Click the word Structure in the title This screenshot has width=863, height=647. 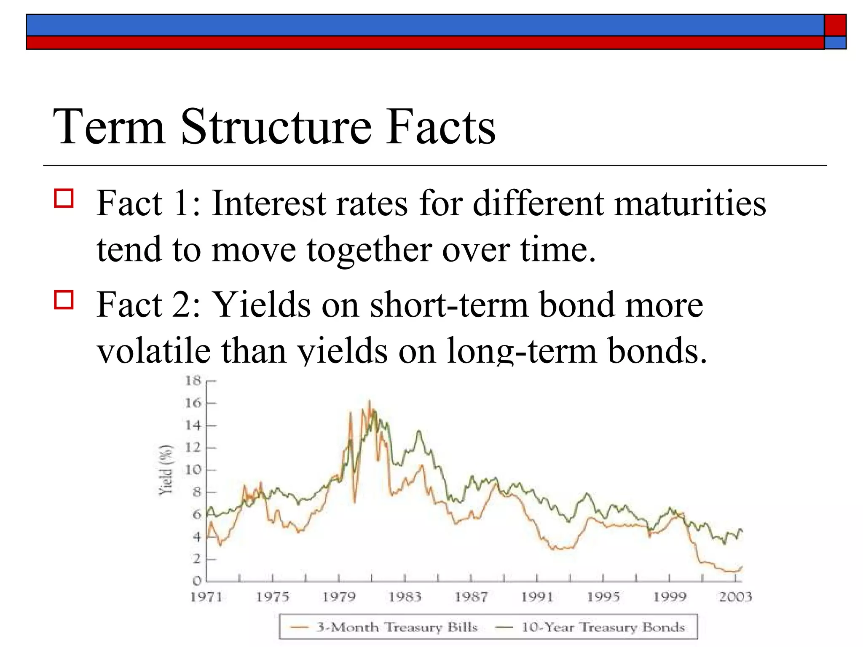point(276,127)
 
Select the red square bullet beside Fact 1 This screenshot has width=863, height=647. point(64,198)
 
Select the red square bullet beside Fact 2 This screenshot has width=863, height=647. point(64,299)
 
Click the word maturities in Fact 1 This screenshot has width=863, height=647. point(690,203)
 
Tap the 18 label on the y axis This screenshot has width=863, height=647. point(193,381)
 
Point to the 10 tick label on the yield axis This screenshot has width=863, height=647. point(193,470)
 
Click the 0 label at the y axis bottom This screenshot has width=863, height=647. point(197,581)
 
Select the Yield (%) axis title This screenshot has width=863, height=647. point(166,470)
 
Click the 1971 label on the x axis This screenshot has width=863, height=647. point(206,597)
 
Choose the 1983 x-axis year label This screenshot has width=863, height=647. point(405,597)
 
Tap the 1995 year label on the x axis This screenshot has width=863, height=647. point(603,597)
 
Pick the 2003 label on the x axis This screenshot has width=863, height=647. point(735,597)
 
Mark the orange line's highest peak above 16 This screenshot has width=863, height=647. point(369,401)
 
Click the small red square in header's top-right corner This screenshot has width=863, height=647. point(835,25)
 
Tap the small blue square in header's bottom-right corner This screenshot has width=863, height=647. point(835,43)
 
